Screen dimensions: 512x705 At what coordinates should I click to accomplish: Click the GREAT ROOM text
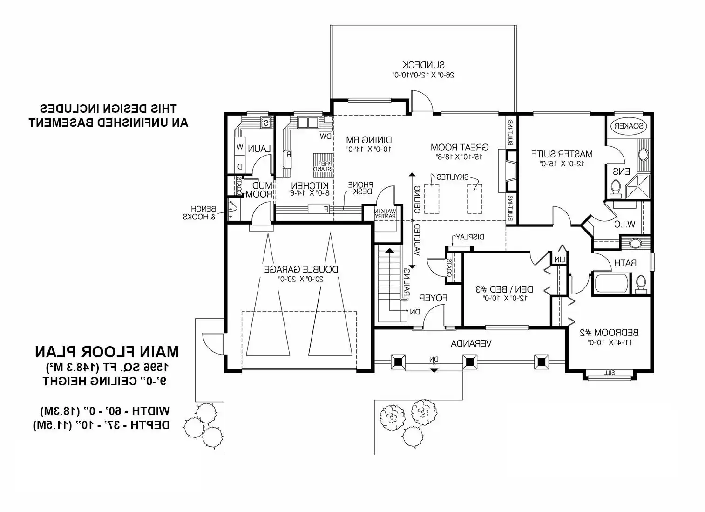click(x=459, y=148)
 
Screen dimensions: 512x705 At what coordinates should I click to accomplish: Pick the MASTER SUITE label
click(x=562, y=154)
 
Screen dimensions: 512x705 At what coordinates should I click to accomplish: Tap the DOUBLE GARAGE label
click(x=301, y=269)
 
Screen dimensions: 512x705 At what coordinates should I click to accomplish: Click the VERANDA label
click(x=471, y=344)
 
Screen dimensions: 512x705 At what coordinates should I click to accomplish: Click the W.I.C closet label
click(x=624, y=224)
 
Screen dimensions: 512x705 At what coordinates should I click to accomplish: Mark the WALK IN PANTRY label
click(x=385, y=213)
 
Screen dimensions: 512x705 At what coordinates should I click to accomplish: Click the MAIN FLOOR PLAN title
click(x=107, y=352)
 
